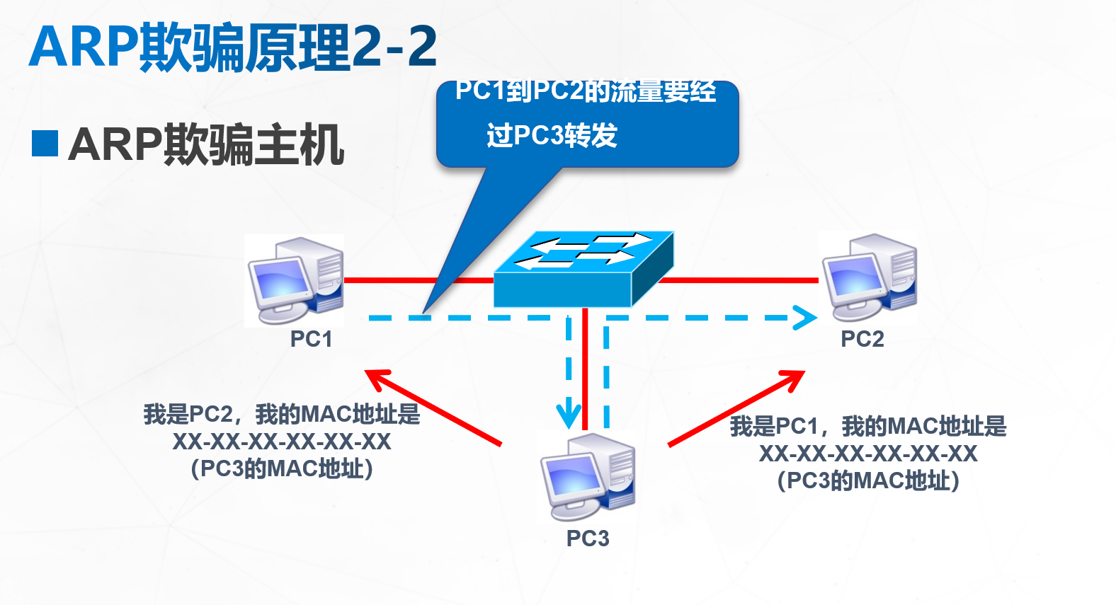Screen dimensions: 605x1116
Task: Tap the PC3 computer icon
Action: click(x=588, y=476)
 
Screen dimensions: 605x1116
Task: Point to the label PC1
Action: click(x=311, y=339)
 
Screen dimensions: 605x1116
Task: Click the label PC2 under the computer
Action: click(x=862, y=339)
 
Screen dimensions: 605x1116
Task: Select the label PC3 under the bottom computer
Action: click(x=588, y=538)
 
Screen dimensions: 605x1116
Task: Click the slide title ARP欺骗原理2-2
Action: click(x=233, y=47)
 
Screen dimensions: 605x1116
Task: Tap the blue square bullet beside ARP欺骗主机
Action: click(x=45, y=143)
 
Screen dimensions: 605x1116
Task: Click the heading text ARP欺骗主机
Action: click(x=206, y=144)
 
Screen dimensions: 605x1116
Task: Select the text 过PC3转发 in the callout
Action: click(x=552, y=135)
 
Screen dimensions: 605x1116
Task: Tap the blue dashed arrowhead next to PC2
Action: click(x=804, y=318)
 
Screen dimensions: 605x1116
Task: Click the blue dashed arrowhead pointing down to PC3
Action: click(x=569, y=415)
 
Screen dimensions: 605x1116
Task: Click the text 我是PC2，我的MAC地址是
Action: click(x=281, y=414)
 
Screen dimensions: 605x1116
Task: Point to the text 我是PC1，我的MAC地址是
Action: click(x=867, y=426)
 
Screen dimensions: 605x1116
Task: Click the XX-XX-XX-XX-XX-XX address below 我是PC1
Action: click(x=867, y=454)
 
